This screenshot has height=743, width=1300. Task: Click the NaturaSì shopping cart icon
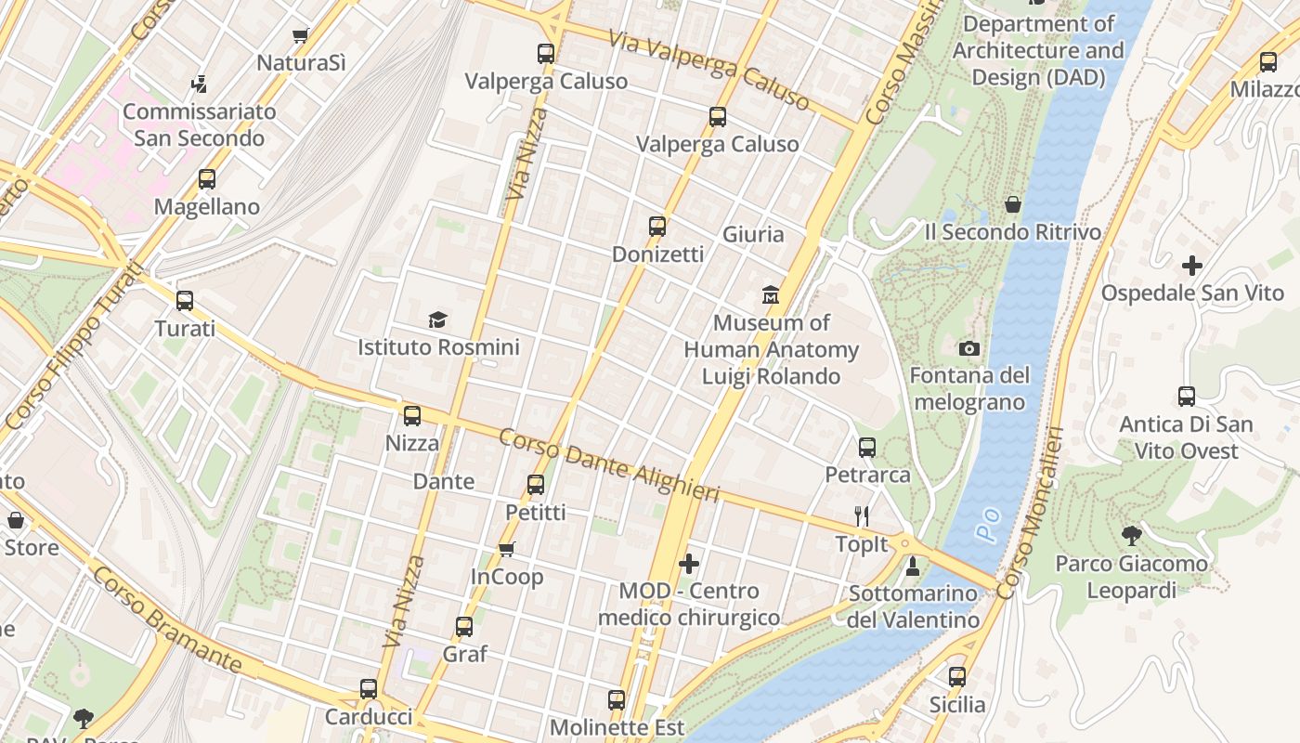point(300,36)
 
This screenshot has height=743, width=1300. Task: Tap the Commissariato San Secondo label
point(200,124)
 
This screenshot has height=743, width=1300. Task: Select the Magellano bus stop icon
point(207,179)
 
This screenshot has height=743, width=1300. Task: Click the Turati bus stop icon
point(185,301)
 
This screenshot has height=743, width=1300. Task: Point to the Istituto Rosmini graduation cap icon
point(438,320)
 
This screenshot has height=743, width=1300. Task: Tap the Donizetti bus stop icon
point(657,227)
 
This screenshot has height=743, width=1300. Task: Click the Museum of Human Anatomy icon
point(771,295)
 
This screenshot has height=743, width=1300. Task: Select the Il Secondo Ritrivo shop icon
point(1013,204)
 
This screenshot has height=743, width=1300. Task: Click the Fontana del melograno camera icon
point(969,349)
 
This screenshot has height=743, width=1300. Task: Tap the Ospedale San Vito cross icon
point(1192,266)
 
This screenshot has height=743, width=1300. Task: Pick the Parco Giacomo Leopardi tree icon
point(1132,536)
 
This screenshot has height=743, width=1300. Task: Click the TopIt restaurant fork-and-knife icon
point(863,516)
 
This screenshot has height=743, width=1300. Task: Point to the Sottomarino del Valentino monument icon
point(913,566)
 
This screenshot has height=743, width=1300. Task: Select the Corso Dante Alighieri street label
point(609,466)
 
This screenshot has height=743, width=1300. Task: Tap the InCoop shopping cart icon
point(507,550)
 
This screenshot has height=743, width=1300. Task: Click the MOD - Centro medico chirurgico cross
point(689,564)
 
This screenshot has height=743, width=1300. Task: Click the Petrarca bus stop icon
point(867,448)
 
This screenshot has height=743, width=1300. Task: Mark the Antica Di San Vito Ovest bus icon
point(1187,397)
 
